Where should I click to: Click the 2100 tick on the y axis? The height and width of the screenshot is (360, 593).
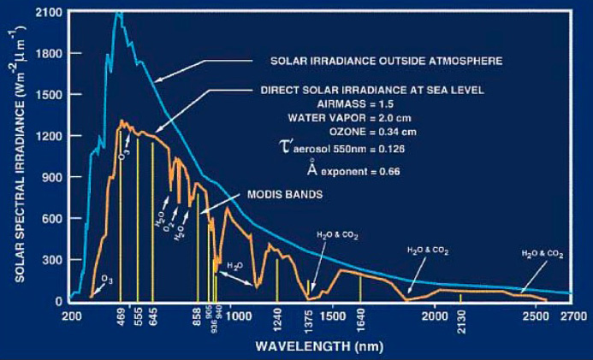pyautogui.click(x=54, y=13)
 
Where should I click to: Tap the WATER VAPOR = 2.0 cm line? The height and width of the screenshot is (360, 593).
pyautogui.click(x=371, y=117)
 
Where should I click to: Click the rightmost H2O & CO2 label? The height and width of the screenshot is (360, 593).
pyautogui.click(x=543, y=254)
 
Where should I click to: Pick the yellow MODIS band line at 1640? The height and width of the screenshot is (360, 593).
pyautogui.click(x=360, y=287)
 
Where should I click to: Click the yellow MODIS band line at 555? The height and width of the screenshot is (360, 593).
pyautogui.click(x=138, y=214)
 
